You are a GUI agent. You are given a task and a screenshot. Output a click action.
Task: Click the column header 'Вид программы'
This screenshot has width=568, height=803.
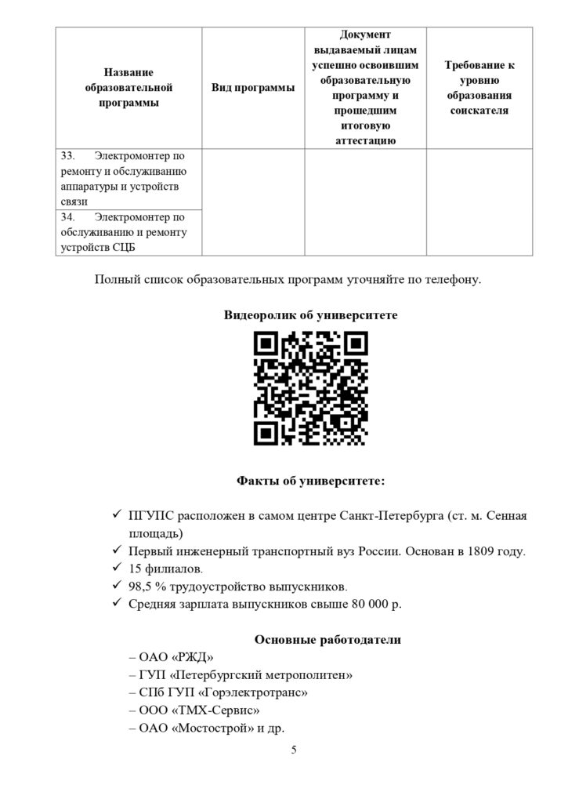tap(253, 88)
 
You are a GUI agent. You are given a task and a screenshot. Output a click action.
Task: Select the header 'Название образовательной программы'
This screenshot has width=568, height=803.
tap(128, 88)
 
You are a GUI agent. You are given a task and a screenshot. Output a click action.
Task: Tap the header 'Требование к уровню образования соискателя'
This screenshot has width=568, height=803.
tap(479, 88)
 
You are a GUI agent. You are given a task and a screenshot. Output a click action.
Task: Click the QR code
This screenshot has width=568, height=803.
tap(311, 388)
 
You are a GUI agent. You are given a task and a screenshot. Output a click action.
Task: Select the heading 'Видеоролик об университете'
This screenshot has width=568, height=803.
tap(311, 315)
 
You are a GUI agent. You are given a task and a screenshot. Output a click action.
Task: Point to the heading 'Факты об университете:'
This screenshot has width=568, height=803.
tap(311, 480)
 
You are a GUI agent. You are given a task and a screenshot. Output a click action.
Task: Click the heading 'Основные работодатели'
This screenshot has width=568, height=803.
tap(327, 640)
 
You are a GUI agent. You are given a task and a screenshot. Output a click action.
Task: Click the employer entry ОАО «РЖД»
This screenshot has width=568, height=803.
tap(170, 658)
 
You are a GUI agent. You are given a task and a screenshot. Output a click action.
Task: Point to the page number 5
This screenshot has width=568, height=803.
tap(294, 750)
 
